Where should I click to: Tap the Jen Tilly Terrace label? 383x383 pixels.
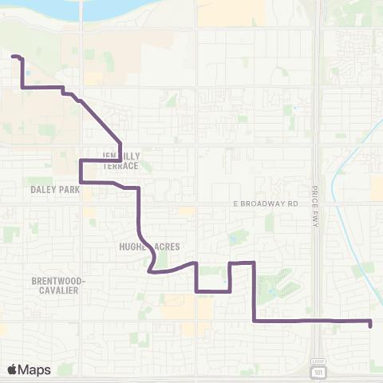coord(120,160)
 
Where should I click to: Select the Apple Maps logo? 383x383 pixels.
coord(29,369)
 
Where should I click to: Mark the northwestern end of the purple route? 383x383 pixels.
coord(14,56)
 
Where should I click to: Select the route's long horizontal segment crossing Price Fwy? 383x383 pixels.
coord(311,321)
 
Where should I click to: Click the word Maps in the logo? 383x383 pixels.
coord(35,369)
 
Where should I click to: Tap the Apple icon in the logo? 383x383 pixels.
coord(12,369)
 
